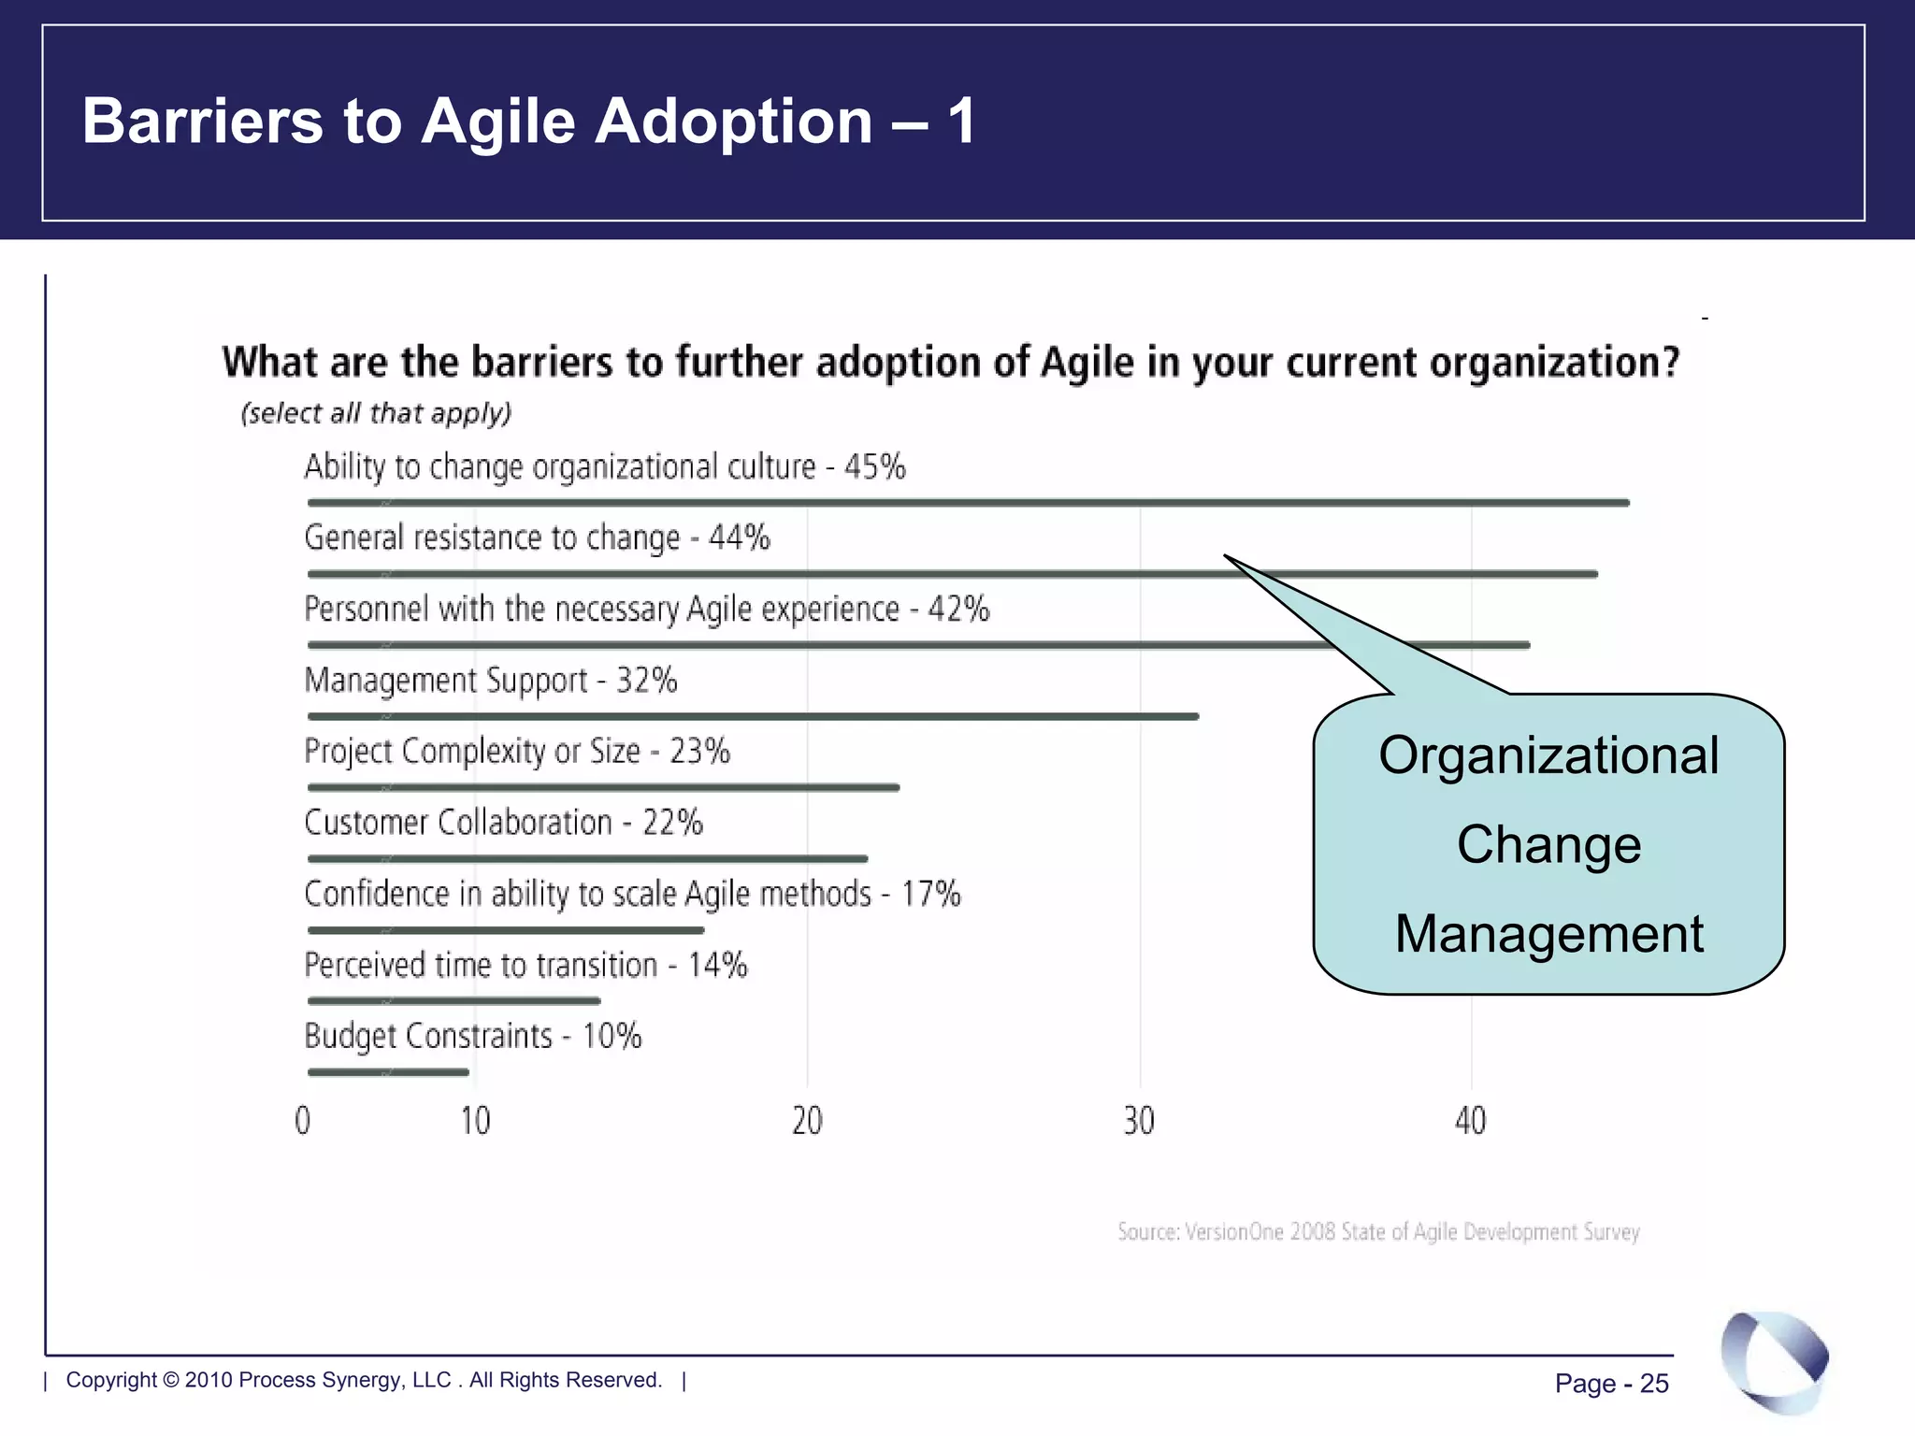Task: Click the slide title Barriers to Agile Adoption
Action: click(529, 122)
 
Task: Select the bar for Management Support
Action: click(753, 717)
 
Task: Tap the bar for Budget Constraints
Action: click(388, 1072)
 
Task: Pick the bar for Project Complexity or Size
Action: click(603, 788)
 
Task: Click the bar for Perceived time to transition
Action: click(454, 1001)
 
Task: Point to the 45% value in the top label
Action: click(875, 467)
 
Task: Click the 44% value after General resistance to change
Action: click(740, 538)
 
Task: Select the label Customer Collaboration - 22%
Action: click(503, 823)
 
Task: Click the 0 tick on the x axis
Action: click(303, 1120)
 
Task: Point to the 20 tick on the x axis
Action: click(807, 1120)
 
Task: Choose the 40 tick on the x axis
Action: click(1471, 1120)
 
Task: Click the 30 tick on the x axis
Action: click(1139, 1120)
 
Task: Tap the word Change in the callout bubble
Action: click(1548, 844)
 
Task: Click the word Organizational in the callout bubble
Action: click(1548, 755)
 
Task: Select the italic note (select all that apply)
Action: click(376, 413)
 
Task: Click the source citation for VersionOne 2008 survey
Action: click(1378, 1231)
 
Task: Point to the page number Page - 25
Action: click(1611, 1384)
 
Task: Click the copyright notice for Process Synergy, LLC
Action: click(364, 1380)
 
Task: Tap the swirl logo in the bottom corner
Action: click(1774, 1360)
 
